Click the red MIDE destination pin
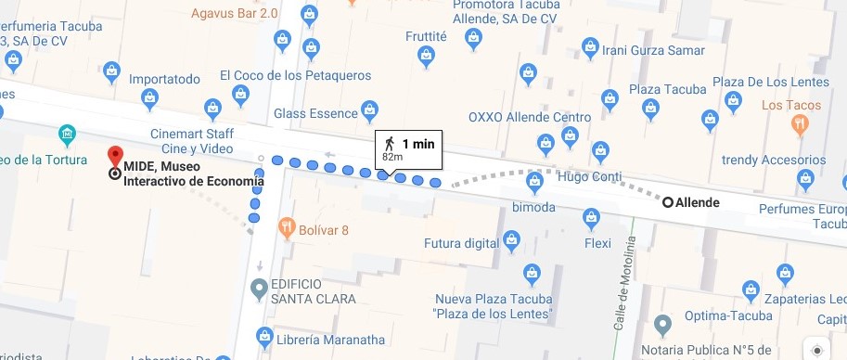point(115,156)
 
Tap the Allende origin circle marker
point(667,201)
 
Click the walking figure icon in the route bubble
point(390,143)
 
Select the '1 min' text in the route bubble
point(418,144)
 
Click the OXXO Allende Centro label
point(530,117)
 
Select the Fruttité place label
point(426,38)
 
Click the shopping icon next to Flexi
point(590,217)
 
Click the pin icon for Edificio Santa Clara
point(261,287)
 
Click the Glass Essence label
point(315,113)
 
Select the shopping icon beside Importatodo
point(111,70)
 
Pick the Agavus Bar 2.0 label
point(236,13)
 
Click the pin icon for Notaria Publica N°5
point(661,326)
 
